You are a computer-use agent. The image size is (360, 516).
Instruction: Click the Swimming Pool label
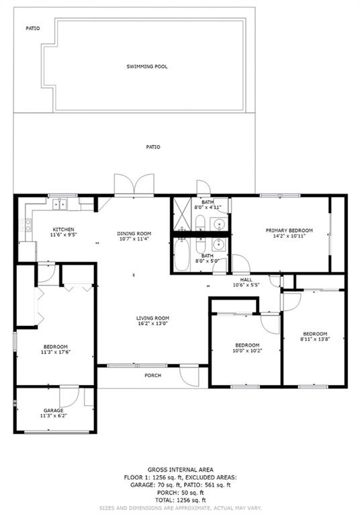(x=147, y=67)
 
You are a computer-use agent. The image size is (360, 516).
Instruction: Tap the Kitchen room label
(x=64, y=229)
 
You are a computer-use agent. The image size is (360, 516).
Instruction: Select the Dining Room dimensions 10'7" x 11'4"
(x=134, y=239)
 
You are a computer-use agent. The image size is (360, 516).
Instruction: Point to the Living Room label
(x=152, y=318)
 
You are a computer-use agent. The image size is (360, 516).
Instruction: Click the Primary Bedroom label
(x=289, y=230)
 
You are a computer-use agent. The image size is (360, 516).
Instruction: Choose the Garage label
(x=53, y=411)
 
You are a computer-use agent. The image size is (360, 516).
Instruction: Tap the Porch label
(x=153, y=375)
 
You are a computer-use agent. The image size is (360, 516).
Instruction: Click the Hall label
(x=246, y=279)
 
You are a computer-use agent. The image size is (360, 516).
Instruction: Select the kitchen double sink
(x=60, y=204)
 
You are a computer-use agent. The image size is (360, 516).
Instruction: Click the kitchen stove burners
(x=26, y=225)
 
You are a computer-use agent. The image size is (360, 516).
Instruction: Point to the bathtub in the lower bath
(x=181, y=255)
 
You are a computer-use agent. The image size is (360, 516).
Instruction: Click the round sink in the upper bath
(x=218, y=224)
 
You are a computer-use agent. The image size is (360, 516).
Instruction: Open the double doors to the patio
(x=134, y=184)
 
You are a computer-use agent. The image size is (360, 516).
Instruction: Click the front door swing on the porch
(x=190, y=375)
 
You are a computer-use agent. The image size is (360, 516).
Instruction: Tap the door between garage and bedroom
(x=69, y=396)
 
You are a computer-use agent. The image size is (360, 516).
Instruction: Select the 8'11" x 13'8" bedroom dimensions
(x=315, y=339)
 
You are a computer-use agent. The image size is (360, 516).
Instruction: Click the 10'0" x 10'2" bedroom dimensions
(x=247, y=351)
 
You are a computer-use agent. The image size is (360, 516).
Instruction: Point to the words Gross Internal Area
(x=180, y=470)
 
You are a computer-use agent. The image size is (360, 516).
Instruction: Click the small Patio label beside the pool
(x=33, y=28)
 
